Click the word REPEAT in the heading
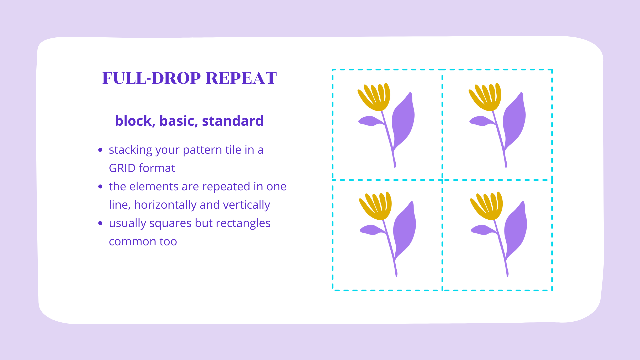point(241,78)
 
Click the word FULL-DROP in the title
point(152,78)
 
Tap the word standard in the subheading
point(233,121)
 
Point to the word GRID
point(122,168)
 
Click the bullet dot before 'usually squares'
point(100,223)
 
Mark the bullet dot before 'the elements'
point(100,186)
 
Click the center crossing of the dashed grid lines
point(442,180)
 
